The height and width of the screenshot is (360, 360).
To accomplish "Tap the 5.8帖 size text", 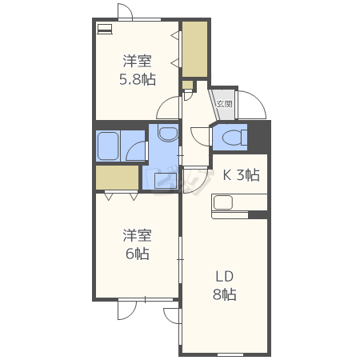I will [138, 79].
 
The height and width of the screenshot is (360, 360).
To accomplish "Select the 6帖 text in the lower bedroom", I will [137, 254].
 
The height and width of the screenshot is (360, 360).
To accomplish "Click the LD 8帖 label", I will [225, 286].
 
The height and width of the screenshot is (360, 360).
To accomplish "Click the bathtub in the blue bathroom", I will [108, 146].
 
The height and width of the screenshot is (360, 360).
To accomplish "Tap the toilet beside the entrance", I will [233, 137].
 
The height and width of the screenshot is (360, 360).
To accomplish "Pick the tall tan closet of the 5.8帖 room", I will [194, 50].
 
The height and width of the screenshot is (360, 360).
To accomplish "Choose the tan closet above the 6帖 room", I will [117, 178].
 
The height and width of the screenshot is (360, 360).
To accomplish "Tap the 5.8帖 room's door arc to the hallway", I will [167, 106].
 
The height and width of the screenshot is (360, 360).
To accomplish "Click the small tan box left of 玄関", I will [187, 85].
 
